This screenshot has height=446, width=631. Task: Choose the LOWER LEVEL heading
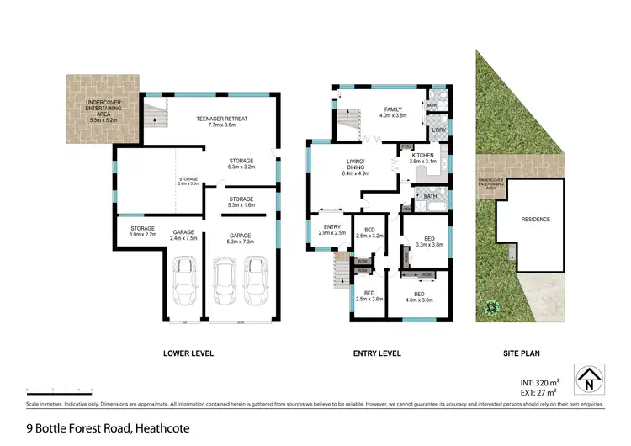(188, 353)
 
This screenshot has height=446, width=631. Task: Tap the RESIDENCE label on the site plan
(536, 220)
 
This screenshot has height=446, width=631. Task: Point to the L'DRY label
(438, 130)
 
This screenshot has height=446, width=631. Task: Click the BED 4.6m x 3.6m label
(419, 295)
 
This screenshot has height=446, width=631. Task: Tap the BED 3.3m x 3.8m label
(429, 242)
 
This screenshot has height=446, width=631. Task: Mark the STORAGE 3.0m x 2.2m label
(144, 231)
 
